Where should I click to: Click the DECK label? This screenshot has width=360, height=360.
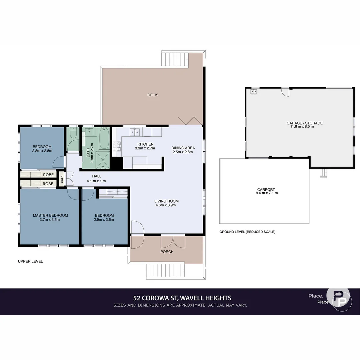[152, 95]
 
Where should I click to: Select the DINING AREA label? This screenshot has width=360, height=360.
[183, 148]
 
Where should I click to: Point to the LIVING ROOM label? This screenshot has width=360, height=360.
[166, 201]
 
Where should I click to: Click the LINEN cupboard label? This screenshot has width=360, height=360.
[62, 179]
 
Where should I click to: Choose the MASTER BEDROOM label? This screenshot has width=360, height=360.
[50, 215]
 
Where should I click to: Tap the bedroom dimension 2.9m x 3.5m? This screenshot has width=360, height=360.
[104, 220]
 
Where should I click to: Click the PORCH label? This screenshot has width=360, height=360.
[167, 252]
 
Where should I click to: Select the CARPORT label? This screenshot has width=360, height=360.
[266, 189]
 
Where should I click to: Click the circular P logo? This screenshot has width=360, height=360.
[338, 299]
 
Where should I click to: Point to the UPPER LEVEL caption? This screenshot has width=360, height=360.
[30, 261]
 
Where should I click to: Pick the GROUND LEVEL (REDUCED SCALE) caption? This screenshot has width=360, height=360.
[247, 232]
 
